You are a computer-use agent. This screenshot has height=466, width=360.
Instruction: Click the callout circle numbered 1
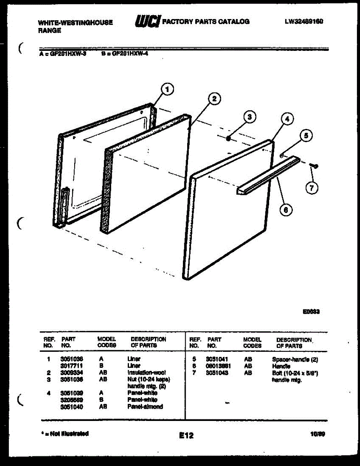(x=167, y=90)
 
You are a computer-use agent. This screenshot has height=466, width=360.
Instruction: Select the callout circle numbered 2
(x=214, y=99)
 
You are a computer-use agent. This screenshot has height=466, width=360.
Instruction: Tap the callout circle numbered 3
(x=250, y=116)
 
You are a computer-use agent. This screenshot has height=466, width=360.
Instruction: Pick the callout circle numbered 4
(x=287, y=120)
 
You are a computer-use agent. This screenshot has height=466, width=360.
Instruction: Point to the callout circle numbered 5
(x=306, y=136)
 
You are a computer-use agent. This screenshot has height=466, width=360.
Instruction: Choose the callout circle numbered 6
(x=286, y=210)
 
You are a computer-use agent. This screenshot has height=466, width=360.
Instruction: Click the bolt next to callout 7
(x=314, y=166)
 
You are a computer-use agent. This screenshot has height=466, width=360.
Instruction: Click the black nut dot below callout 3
(x=229, y=137)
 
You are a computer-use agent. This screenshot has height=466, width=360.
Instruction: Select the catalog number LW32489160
(x=304, y=21)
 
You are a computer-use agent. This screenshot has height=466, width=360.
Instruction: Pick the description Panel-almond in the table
(x=145, y=407)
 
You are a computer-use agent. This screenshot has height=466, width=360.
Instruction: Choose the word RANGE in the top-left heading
(x=49, y=30)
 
